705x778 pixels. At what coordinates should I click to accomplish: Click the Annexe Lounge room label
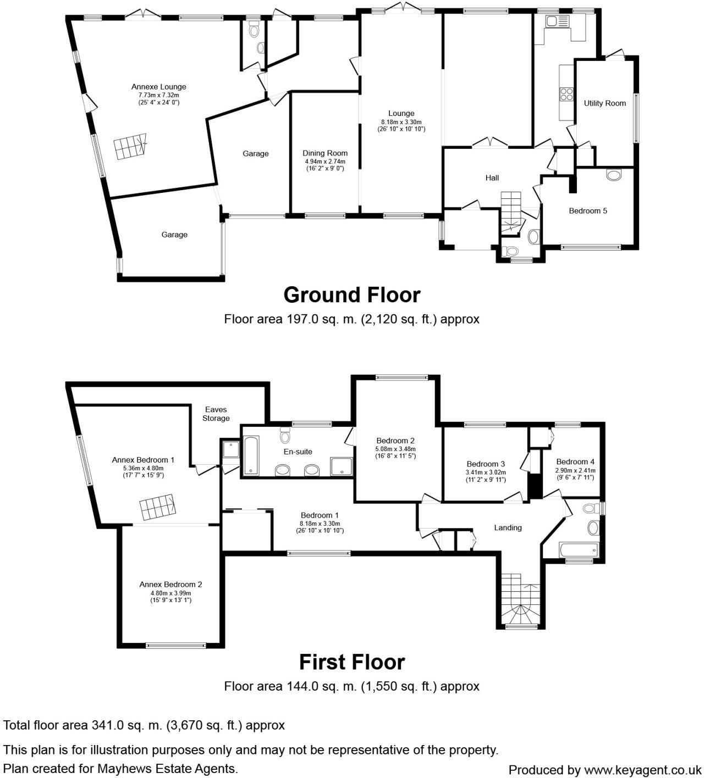pos(158,87)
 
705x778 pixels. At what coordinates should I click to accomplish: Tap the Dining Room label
pos(325,153)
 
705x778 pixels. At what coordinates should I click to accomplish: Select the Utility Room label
pos(604,103)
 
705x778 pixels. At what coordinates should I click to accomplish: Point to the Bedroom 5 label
pos(587,211)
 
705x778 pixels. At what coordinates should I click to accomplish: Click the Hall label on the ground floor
pos(492,178)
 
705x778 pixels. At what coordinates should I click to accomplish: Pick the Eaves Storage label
pos(216,414)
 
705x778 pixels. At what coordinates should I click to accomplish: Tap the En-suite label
pos(298,452)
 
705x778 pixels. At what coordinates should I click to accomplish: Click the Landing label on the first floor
pos(508,527)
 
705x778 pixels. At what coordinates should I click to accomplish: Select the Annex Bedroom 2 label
pos(170,585)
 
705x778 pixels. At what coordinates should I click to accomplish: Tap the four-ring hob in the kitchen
pos(566,95)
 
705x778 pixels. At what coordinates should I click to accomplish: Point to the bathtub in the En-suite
pos(251,455)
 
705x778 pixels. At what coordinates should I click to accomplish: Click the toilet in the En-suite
pos(285,435)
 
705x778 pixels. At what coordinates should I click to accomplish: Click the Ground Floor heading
pos(352,294)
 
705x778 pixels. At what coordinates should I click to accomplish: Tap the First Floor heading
pos(352,662)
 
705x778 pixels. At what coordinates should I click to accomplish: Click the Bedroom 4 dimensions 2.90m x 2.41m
pos(575,470)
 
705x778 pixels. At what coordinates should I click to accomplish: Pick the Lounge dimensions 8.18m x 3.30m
pos(401,122)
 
